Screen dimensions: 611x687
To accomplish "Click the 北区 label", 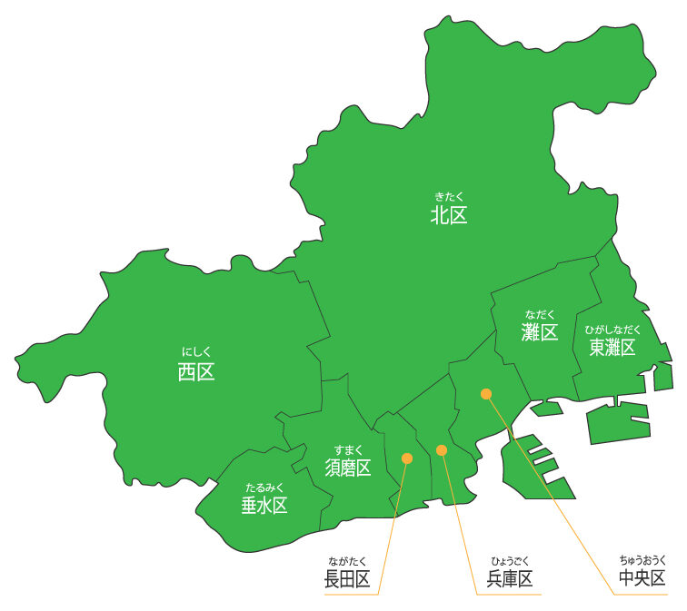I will [x=449, y=216].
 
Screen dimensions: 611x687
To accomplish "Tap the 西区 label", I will [x=196, y=371].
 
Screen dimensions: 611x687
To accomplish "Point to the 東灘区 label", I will [x=612, y=347].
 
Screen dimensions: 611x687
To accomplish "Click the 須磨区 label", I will [x=348, y=468].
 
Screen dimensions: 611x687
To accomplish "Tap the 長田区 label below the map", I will [x=347, y=579].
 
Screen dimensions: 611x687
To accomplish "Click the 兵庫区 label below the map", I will [x=509, y=579].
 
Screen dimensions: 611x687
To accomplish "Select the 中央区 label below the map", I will [x=642, y=578].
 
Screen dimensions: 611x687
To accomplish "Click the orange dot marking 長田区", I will [x=407, y=458].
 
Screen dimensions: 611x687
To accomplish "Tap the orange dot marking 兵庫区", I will [x=442, y=449].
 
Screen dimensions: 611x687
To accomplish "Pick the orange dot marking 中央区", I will [x=486, y=394].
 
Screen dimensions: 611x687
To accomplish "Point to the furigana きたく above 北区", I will [x=449, y=195].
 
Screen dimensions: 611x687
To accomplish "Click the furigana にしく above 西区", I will [x=196, y=351].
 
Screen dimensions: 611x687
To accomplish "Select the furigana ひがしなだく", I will [x=612, y=329].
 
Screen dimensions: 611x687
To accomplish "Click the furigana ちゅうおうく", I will [x=642, y=559].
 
